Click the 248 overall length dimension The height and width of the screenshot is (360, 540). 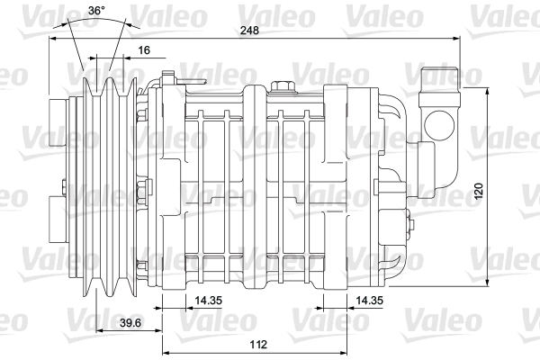pos(249,31)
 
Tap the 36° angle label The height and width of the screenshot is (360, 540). pos(96,10)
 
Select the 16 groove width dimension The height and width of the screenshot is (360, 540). pos(144,50)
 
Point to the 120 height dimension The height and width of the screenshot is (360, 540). pos(479,191)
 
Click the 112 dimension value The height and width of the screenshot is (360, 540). pos(258,344)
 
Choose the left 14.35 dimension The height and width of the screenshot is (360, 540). pos(209,301)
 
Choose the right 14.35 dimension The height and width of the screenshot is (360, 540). pos(369,301)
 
